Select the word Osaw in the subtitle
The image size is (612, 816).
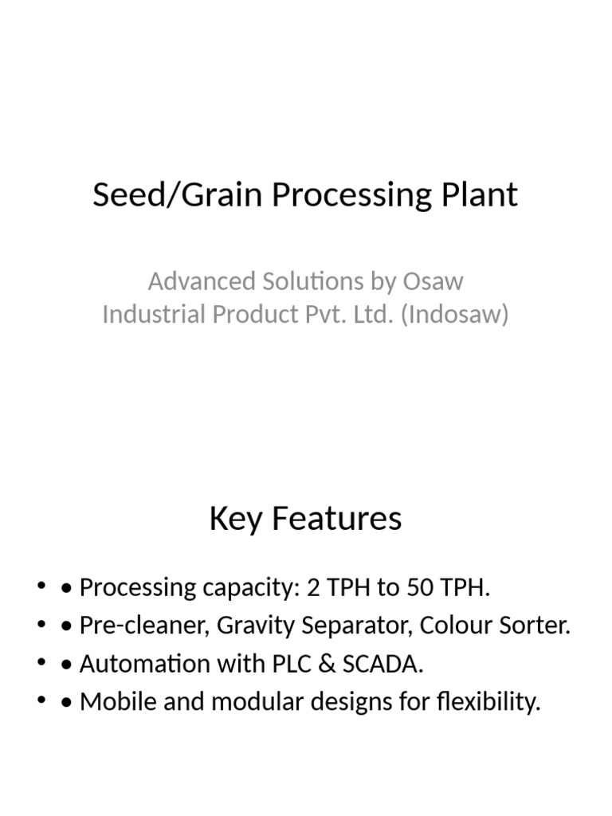click(434, 281)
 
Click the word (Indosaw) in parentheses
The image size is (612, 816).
click(454, 315)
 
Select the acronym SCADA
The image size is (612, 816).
click(374, 664)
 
